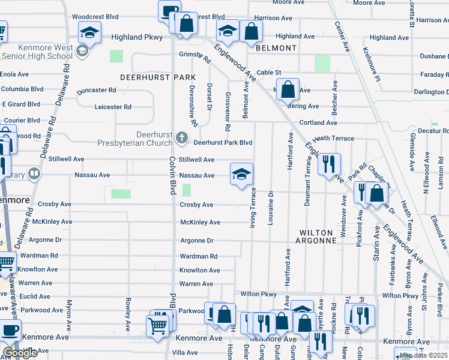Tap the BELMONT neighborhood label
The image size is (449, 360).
coord(276,48)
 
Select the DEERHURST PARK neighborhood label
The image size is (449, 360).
coord(158,77)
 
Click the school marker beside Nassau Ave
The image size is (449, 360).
coord(242,175)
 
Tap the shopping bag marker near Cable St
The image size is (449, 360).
coord(288,89)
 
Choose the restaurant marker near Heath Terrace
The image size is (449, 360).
coord(328,163)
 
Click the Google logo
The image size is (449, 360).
coord(20,353)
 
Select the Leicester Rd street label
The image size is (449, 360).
coord(113,107)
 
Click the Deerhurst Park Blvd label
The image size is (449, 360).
coord(223,143)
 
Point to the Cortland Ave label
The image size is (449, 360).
coord(319,122)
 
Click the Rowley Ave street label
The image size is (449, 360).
coord(128,314)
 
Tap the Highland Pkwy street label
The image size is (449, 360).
coord(137,37)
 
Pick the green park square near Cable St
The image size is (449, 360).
coord(322,63)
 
